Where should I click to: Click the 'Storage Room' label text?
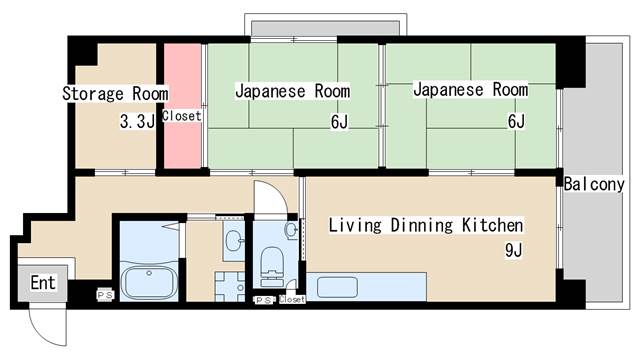click(x=115, y=93)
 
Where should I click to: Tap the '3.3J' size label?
click(x=136, y=122)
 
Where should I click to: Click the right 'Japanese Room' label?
click(x=469, y=90)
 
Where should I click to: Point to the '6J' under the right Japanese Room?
click(x=516, y=121)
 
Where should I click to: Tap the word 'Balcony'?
click(x=595, y=184)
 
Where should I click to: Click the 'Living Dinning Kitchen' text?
click(x=426, y=224)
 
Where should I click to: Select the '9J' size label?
click(x=514, y=250)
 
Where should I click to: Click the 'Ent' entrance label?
click(x=43, y=283)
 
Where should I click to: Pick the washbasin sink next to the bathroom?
click(x=232, y=241)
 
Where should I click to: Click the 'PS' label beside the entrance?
click(x=103, y=294)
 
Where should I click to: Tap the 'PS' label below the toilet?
click(x=263, y=300)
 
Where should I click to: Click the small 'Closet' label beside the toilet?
click(x=292, y=299)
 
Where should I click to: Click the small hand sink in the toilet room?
click(x=291, y=230)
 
